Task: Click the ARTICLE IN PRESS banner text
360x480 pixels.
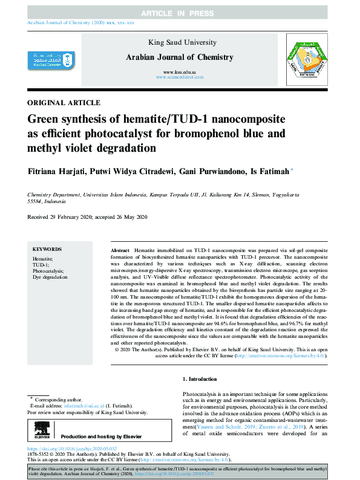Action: tap(180, 13)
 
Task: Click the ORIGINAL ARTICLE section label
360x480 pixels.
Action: tap(64, 103)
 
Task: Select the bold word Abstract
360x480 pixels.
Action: tap(120, 250)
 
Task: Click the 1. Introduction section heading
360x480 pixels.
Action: tap(200, 379)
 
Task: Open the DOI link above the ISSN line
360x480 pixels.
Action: tap(72, 449)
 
